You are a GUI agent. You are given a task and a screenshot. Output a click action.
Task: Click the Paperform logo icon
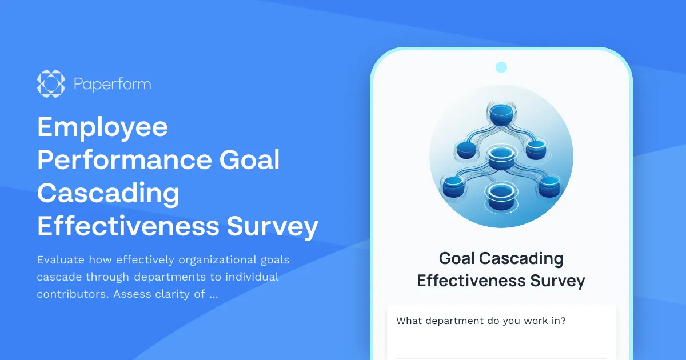pos(51,84)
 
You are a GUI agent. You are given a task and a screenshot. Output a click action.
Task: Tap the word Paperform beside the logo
pos(112,85)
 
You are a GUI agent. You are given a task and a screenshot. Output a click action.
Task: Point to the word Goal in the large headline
pos(250,160)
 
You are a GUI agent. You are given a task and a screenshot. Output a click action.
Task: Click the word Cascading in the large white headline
pos(108,193)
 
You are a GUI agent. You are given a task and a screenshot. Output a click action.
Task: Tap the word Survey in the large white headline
pos(273,226)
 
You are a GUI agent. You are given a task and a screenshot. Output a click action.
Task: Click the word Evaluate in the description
pos(61,260)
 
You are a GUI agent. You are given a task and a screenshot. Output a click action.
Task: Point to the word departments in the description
pos(185,277)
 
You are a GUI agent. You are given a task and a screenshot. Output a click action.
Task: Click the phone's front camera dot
pos(501,67)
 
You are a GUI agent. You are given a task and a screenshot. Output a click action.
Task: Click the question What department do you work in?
pos(481,321)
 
